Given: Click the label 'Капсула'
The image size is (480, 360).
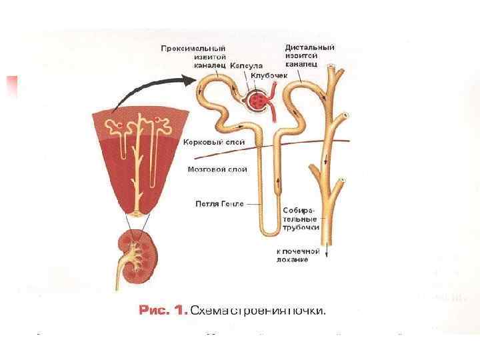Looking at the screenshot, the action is tap(247, 66).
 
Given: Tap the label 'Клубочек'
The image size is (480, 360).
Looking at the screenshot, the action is tap(269, 76).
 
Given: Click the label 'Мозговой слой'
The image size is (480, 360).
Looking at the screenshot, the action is tap(217, 169).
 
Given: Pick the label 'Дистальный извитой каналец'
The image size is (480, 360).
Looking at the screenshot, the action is tap(309, 57).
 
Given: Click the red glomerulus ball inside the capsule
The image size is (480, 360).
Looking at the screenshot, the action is tap(257, 101).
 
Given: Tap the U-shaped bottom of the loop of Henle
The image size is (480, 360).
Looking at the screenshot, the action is tap(269, 231).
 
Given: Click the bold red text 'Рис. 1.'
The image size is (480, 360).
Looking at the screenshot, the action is tap(163, 310).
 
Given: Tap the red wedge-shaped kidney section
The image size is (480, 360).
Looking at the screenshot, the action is tap(139, 160).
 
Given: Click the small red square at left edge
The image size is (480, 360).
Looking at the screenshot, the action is tap(11, 87).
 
